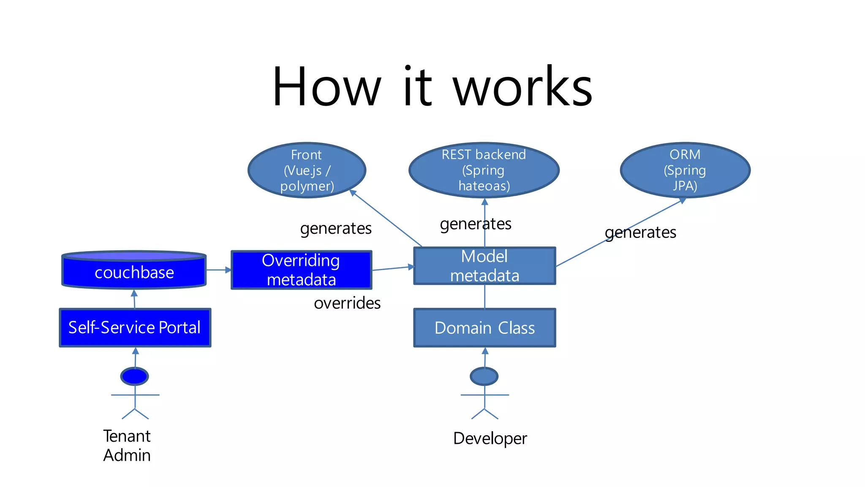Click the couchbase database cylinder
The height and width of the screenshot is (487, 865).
(134, 271)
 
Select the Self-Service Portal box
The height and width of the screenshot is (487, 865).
(135, 328)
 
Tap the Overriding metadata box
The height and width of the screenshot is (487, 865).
(301, 270)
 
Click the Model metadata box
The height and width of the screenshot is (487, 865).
(484, 266)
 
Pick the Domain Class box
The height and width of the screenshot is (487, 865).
(484, 328)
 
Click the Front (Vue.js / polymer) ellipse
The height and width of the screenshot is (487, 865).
(307, 170)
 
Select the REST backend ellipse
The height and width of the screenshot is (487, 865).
(484, 170)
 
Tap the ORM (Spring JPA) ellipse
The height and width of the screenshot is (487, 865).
(685, 170)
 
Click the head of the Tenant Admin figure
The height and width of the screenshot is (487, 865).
(134, 376)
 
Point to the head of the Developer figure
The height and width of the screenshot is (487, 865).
(484, 376)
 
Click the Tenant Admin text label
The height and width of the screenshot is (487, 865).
(127, 446)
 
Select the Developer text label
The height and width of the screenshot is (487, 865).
(490, 438)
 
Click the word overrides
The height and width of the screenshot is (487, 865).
(347, 303)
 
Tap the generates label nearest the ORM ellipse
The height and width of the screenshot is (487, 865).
(640, 233)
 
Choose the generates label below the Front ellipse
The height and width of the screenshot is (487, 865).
(336, 228)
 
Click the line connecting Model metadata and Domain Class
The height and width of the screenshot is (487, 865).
(484, 296)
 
